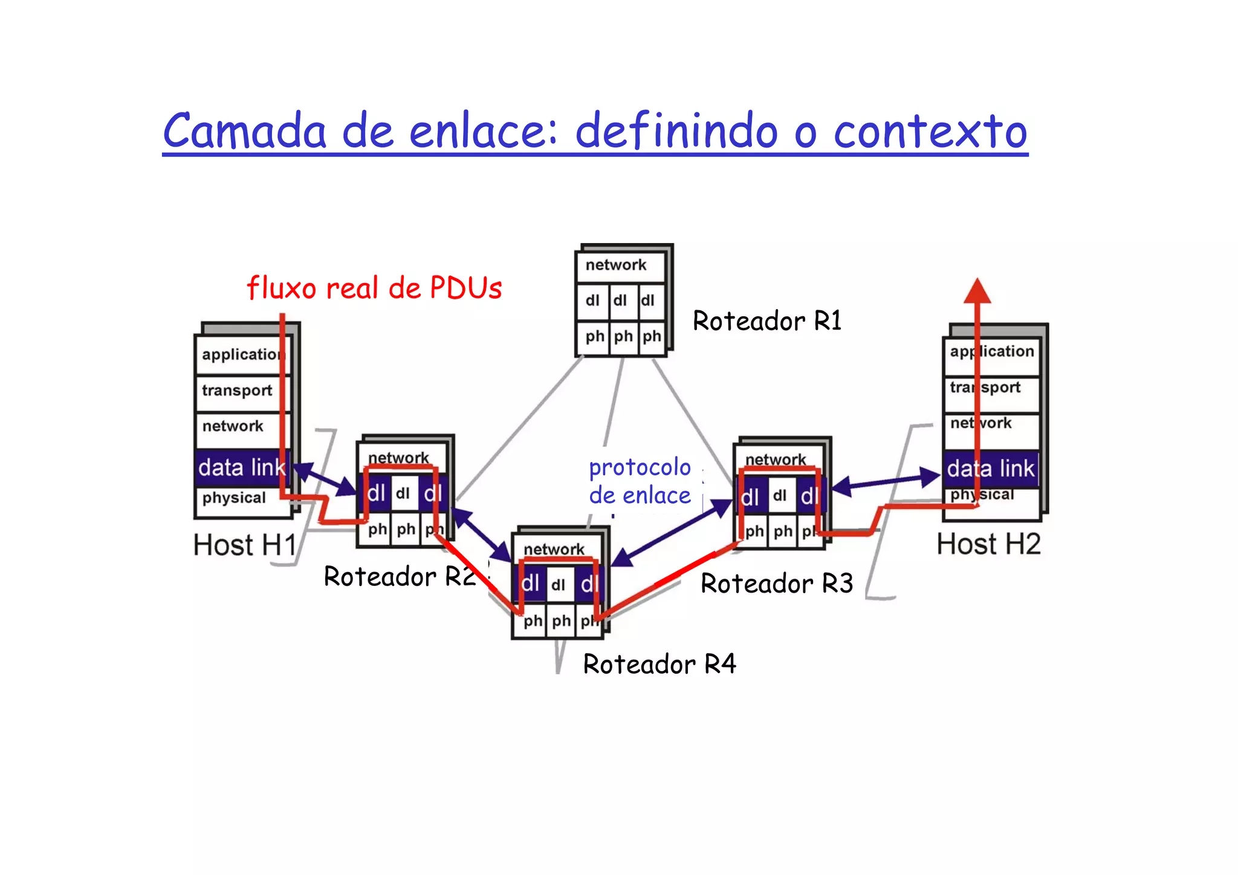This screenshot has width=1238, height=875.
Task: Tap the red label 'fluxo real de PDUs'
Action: pos(374,288)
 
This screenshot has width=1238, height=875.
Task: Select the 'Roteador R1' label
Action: pos(767,320)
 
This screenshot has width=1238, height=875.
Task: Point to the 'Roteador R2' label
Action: pos(400,576)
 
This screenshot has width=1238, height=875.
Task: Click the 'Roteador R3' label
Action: pos(777,584)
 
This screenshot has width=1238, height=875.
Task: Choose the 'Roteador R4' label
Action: pos(660,664)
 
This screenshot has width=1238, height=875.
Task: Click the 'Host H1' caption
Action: pos(245,545)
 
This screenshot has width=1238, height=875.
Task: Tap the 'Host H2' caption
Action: pos(988,544)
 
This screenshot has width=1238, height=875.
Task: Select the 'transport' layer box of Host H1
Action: pos(239,391)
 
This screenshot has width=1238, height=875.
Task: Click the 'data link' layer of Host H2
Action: pos(991,469)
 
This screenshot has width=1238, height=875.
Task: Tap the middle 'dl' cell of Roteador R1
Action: pos(621,301)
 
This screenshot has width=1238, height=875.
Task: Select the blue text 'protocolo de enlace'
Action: pos(640,481)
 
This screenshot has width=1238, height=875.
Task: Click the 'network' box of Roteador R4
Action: pos(554,548)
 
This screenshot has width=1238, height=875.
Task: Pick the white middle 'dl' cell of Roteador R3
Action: pos(780,496)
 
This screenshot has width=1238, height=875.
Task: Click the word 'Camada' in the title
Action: pos(244,131)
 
